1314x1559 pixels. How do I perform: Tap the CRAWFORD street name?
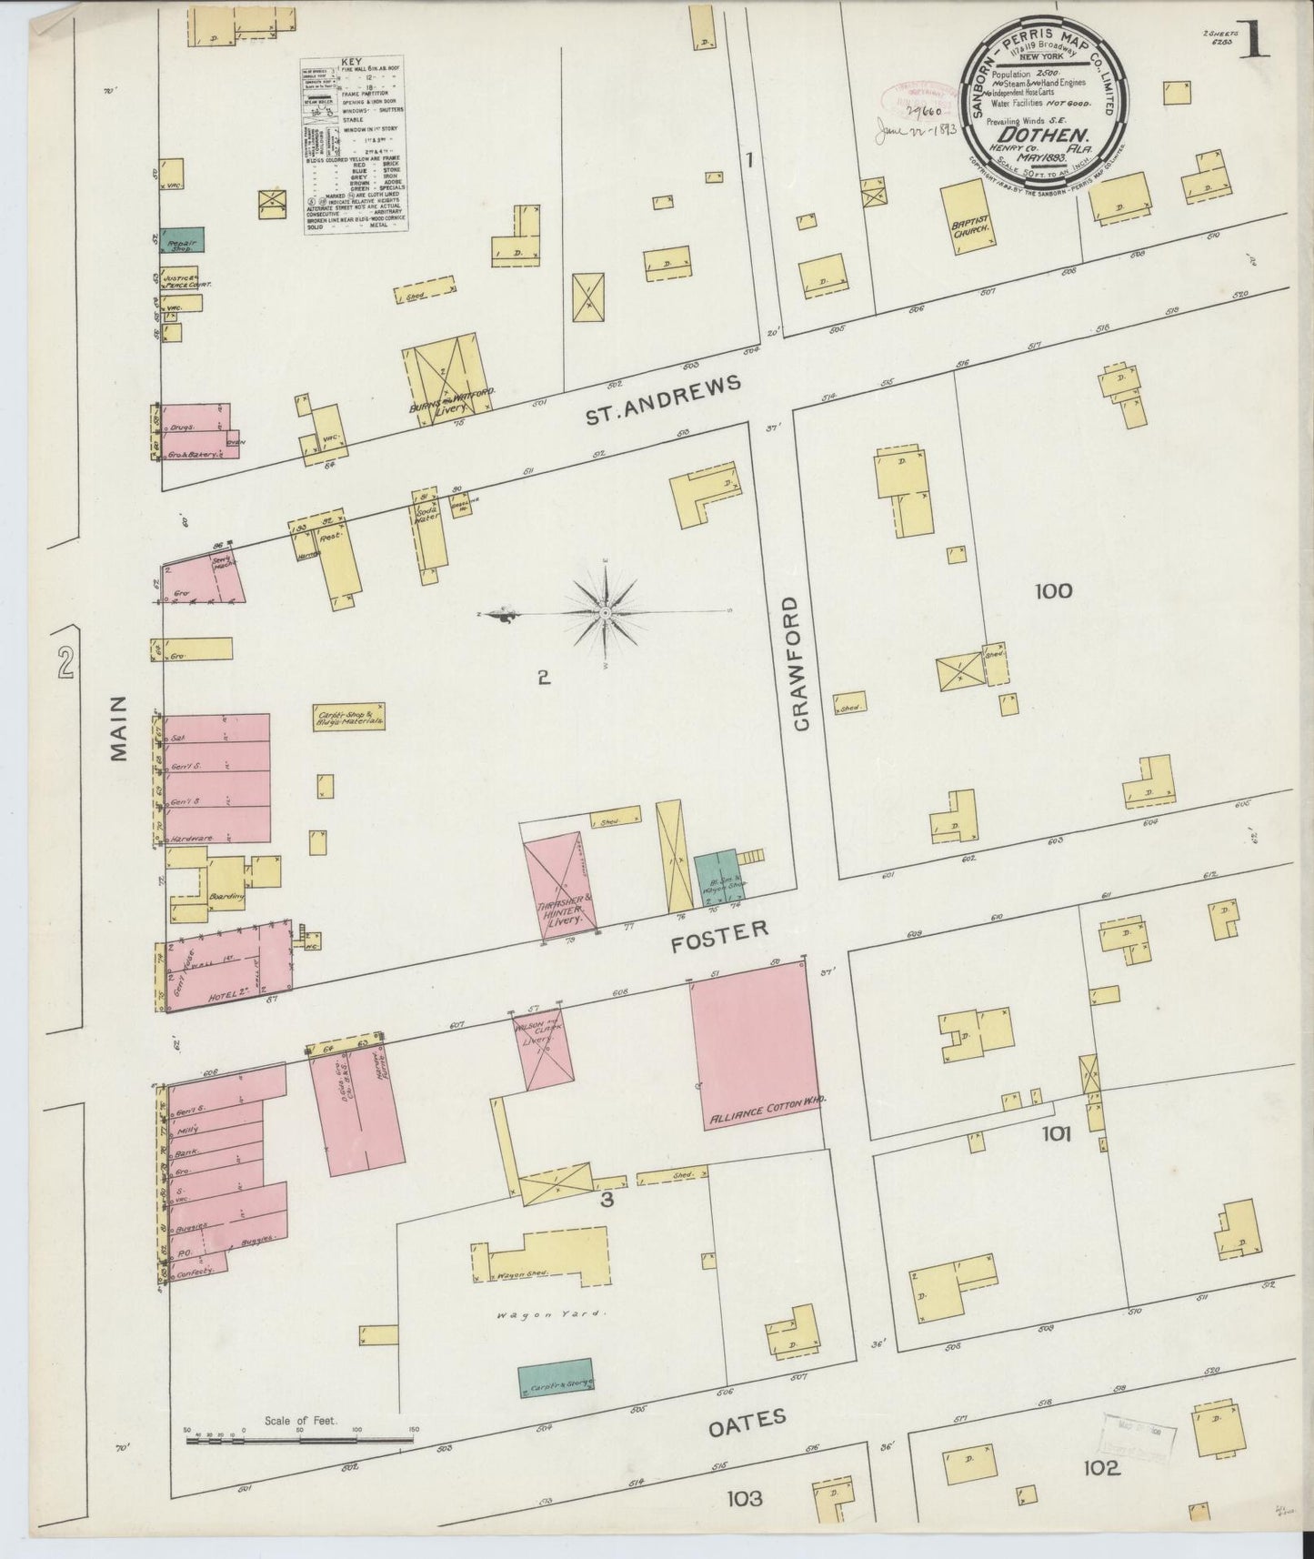(801, 663)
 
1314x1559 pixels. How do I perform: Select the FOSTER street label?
(719, 935)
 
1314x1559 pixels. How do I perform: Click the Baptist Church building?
(970, 216)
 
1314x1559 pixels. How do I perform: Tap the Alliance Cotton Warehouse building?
(753, 1055)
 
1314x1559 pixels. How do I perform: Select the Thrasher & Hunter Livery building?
(561, 880)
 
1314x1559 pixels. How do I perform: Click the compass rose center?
(606, 614)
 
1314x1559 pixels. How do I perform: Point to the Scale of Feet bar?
(299, 1439)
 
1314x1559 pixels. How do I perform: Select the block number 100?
(1053, 591)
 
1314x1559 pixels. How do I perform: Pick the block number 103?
(744, 1497)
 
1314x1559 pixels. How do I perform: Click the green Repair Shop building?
(183, 239)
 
